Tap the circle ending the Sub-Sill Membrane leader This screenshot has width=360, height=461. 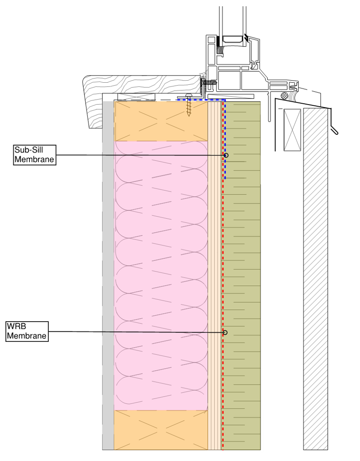tap(226, 155)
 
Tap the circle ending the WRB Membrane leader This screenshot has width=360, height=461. tap(225, 333)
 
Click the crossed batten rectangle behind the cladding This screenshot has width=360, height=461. tap(292, 129)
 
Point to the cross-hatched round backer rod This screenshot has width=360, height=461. tap(286, 95)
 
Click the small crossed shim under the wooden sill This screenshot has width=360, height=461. tap(137, 97)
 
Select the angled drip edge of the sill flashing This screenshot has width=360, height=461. tap(335, 128)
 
